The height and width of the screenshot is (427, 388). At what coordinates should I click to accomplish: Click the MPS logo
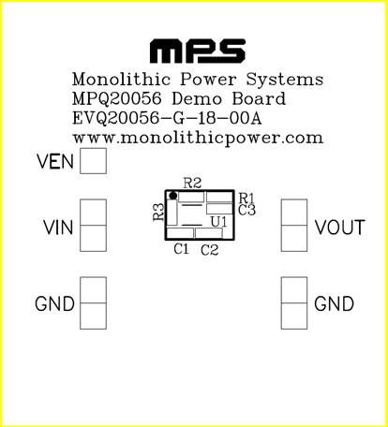coord(198,51)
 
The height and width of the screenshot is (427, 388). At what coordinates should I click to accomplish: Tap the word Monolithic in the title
coord(122,79)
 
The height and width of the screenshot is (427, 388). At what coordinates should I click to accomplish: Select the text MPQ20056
coord(117,98)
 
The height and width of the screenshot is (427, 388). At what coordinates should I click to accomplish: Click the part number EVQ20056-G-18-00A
coord(167,118)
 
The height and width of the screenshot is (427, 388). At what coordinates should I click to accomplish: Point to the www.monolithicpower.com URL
coord(198,139)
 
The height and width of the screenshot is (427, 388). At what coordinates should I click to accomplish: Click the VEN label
coord(55,161)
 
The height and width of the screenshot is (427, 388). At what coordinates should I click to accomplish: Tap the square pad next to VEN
coord(93,161)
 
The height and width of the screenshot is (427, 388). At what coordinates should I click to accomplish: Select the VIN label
coord(58,228)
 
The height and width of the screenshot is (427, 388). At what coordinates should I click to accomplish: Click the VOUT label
coord(339,228)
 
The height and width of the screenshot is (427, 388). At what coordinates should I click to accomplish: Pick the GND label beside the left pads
coord(54,303)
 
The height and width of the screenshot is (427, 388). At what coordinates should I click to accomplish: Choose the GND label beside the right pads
coord(334,303)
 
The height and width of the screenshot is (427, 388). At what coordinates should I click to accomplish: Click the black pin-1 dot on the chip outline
coord(172,196)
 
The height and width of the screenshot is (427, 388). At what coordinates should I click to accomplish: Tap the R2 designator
coord(192,184)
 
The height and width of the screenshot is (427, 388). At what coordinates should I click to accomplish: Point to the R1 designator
coord(246,198)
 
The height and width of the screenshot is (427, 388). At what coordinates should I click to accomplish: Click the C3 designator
coord(246,210)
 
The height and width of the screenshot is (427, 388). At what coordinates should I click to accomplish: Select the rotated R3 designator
coord(158,212)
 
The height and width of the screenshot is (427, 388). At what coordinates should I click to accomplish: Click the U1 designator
coord(219,222)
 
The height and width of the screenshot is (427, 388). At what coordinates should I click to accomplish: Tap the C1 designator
coord(182,249)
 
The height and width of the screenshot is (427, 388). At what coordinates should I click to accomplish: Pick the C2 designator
coord(209,250)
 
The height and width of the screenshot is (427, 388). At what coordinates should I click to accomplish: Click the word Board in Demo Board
coord(259,98)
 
